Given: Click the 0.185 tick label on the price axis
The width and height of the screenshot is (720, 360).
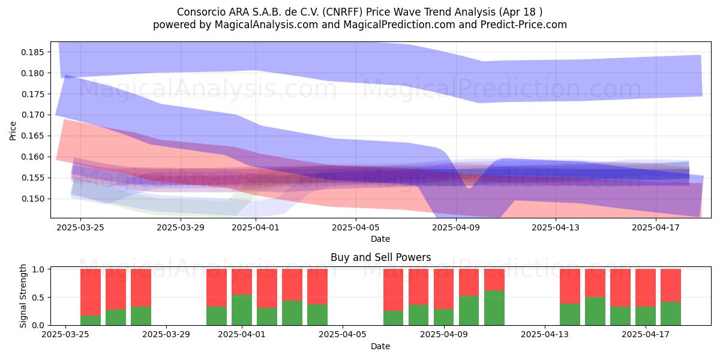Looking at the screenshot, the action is (33, 52).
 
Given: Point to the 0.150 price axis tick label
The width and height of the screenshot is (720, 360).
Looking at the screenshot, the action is (33, 199).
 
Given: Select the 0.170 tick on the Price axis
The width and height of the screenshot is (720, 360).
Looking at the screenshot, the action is (33, 115).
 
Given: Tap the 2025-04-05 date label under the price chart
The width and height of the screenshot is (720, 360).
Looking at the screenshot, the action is (355, 227).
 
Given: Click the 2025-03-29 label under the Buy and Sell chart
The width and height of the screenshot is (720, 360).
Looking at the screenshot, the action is (166, 335).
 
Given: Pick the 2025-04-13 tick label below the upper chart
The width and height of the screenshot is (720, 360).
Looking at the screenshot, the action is (556, 227).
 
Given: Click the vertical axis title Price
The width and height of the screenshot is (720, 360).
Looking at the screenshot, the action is (13, 131).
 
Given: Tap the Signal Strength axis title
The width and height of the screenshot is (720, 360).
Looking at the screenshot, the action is (23, 296).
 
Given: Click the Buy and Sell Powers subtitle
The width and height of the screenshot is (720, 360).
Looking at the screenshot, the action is (380, 257).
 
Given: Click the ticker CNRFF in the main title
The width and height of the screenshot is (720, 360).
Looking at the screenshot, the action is (343, 12).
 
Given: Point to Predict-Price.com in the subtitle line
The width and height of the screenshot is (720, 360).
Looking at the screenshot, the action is (524, 25).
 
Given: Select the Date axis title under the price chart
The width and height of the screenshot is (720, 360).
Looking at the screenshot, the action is (380, 239).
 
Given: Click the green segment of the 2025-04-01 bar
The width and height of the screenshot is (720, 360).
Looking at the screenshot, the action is (242, 310).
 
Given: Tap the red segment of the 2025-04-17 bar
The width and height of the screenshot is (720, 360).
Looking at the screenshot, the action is (646, 287).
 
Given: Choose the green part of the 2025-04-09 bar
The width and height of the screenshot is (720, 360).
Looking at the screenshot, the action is (443, 317).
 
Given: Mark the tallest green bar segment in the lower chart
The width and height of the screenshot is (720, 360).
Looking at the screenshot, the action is (494, 308).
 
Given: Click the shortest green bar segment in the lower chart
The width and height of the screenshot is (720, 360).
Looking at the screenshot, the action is (91, 320).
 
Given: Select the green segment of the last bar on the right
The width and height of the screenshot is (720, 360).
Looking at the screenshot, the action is (671, 314).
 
